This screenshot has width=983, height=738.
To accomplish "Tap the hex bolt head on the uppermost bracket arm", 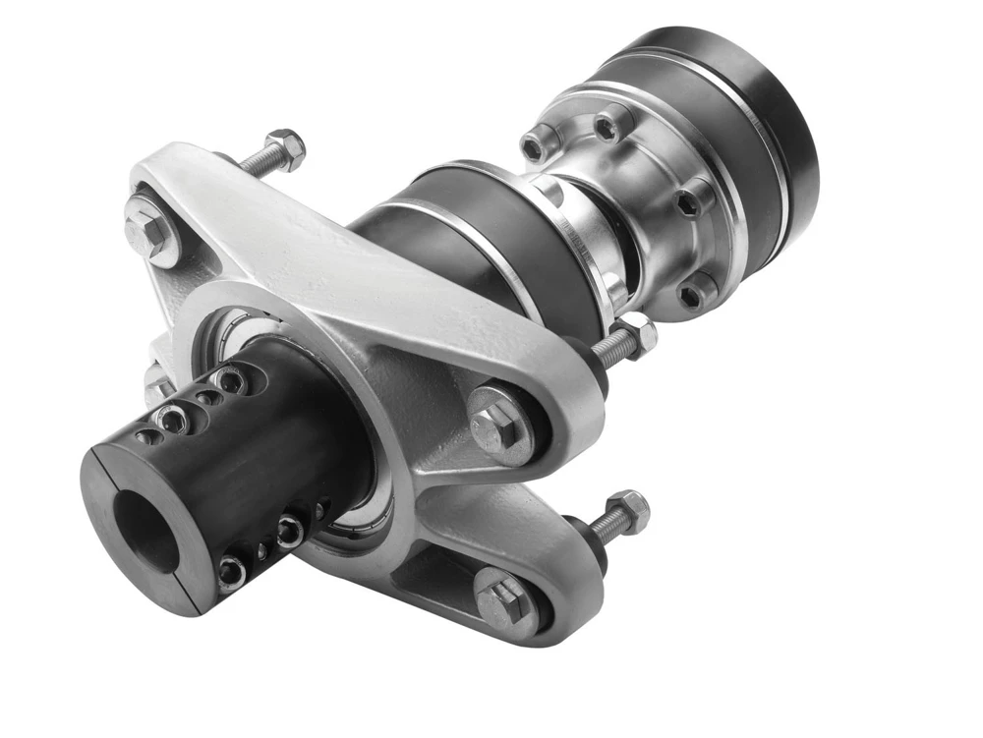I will click(148, 225).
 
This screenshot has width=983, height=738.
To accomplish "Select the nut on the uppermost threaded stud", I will click(285, 148).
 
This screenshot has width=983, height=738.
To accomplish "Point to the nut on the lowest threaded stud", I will click(627, 512).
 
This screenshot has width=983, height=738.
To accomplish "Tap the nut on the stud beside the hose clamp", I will click(635, 335).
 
